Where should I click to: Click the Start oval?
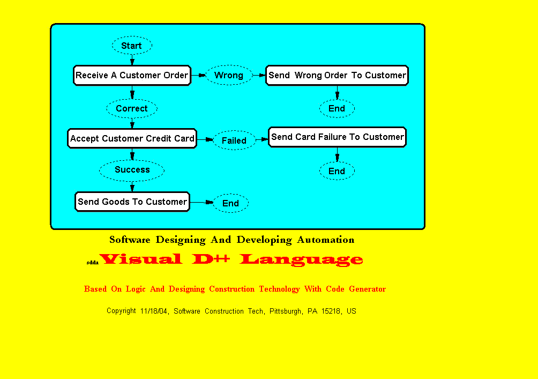pyautogui.click(x=132, y=46)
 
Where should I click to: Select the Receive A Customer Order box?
pyautogui.click(x=132, y=75)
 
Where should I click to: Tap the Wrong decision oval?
pyautogui.click(x=228, y=75)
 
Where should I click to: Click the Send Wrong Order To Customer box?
pyautogui.click(x=337, y=75)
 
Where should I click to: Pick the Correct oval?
pyautogui.click(x=132, y=108)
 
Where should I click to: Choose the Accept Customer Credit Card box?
pyautogui.click(x=132, y=138)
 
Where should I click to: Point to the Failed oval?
pyautogui.click(x=234, y=140)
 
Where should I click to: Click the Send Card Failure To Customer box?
pyautogui.click(x=337, y=137)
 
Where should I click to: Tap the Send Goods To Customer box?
pyautogui.click(x=132, y=202)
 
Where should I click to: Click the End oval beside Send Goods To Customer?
pyautogui.click(x=230, y=203)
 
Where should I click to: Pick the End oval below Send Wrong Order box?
pyautogui.click(x=337, y=108)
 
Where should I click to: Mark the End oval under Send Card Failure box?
pyautogui.click(x=337, y=171)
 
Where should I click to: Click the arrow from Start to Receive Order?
pyautogui.click(x=132, y=60)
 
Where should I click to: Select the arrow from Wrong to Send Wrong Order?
pyautogui.click(x=259, y=75)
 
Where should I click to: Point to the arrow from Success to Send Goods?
pyautogui.click(x=132, y=186)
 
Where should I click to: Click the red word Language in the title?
pyautogui.click(x=301, y=259)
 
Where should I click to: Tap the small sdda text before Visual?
pyautogui.click(x=93, y=263)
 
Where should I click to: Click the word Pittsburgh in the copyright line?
pyautogui.click(x=286, y=311)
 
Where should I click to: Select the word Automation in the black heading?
pyautogui.click(x=326, y=240)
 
